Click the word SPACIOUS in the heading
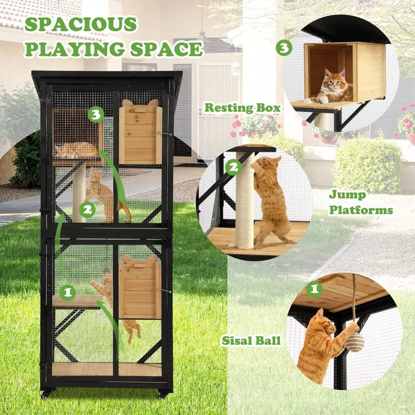(81, 25)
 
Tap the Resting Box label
(242, 108)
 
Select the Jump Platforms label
(361, 203)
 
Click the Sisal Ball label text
(251, 341)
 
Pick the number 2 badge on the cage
(87, 210)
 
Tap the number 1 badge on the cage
(67, 293)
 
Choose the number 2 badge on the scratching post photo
(233, 168)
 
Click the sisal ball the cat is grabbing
(355, 342)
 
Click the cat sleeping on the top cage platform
(77, 150)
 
